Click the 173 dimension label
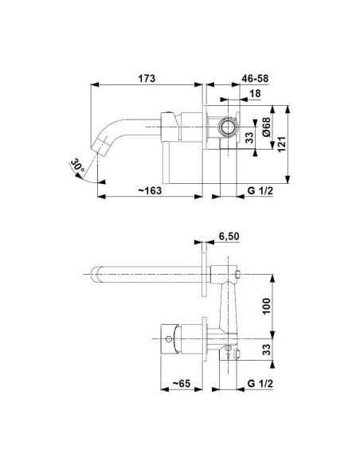click(147, 79)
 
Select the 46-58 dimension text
click(255, 79)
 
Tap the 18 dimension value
click(255, 93)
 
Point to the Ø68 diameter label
click(266, 127)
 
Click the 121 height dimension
click(281, 144)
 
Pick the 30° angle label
click(78, 166)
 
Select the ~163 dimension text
click(150, 190)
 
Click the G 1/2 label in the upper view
click(260, 190)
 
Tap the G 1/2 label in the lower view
click(260, 384)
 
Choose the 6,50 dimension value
click(229, 236)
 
